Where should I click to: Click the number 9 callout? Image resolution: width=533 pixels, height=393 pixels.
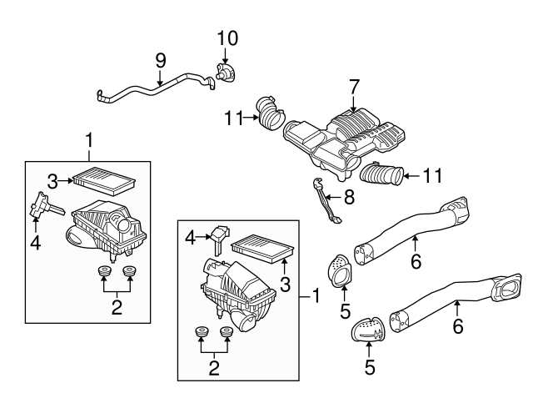click(x=161, y=60)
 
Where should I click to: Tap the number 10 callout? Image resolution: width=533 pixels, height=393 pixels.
click(x=227, y=38)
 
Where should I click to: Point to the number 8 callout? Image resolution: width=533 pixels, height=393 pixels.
click(x=350, y=197)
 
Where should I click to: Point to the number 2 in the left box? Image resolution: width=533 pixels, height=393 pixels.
click(x=117, y=307)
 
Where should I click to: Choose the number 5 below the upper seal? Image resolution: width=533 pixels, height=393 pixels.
click(x=343, y=313)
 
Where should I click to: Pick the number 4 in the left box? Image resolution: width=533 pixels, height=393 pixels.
click(x=36, y=244)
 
